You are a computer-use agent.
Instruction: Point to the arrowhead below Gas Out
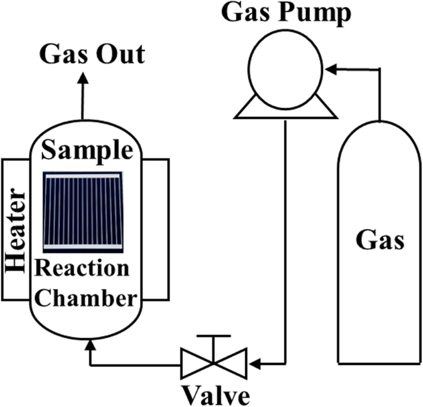click(83, 75)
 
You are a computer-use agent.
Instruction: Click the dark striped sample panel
click(86, 210)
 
